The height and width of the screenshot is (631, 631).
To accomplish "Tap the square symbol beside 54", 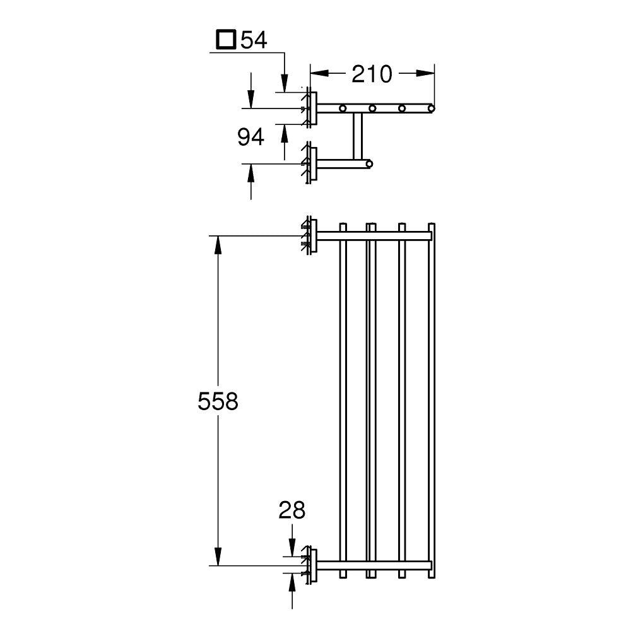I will (226, 41).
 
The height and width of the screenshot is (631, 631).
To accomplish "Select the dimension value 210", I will (372, 74).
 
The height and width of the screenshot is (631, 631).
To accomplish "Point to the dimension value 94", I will (251, 136).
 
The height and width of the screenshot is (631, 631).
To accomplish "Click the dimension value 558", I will (218, 401).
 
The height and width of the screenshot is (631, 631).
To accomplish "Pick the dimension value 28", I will (292, 510).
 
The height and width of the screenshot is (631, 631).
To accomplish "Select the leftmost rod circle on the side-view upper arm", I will (343, 109).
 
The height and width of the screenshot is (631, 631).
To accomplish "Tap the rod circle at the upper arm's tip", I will (432, 109).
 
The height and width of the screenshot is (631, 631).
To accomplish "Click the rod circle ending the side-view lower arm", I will (369, 164).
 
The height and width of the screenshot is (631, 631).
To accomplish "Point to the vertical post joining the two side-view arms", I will (358, 136).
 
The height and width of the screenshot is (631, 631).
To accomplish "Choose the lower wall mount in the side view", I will (310, 163).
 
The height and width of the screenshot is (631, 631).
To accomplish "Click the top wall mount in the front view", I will (310, 236).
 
